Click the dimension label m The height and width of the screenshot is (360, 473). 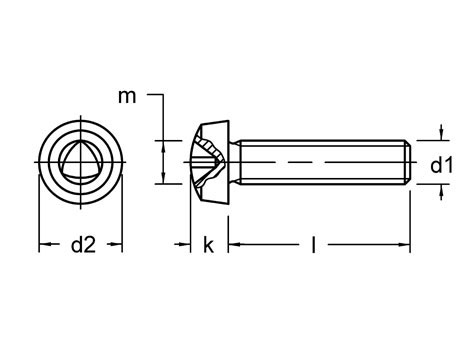127,96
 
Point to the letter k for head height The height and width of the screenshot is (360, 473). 208,245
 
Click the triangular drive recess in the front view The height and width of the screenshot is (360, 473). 81,157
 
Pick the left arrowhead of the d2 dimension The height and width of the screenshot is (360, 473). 43,244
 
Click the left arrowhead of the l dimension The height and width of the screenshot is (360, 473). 233,244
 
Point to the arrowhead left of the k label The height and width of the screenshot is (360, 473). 188,244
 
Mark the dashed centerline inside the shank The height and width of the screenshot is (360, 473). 320,160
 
